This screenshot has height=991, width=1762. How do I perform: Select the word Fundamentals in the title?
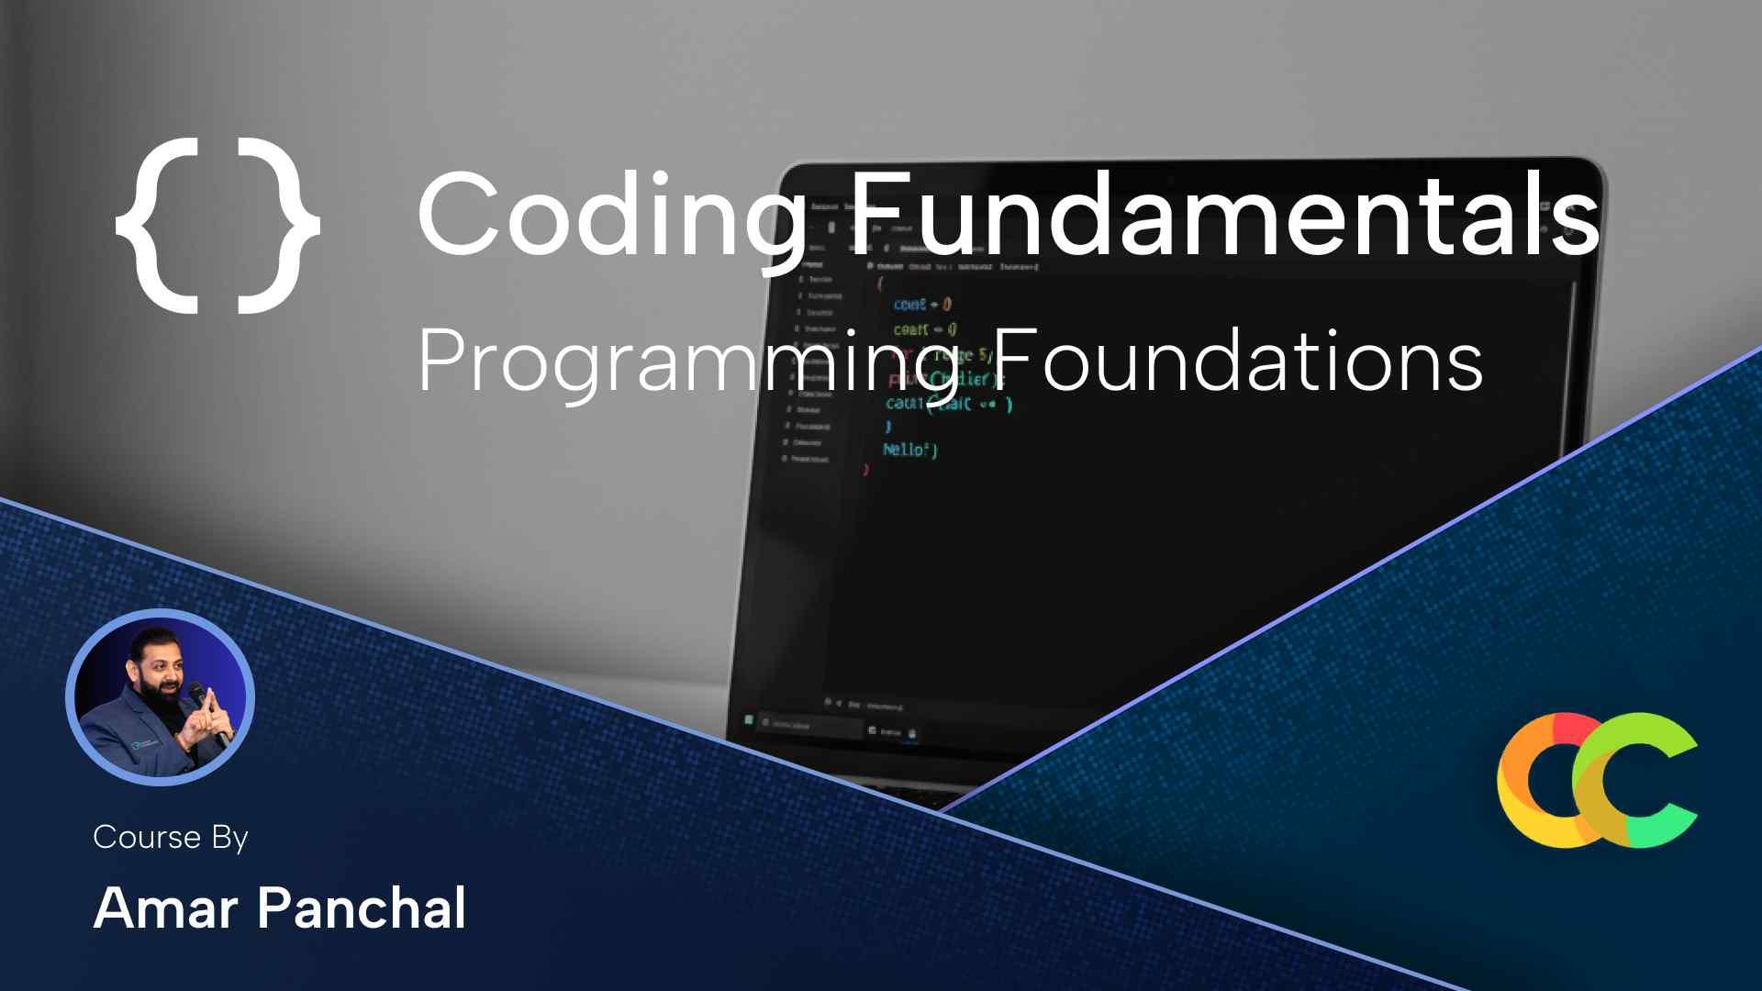1221,213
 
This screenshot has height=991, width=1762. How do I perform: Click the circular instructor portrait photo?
160,697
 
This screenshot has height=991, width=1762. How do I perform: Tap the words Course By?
171,837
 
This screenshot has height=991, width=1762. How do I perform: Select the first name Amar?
166,908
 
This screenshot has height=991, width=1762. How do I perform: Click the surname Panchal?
362,908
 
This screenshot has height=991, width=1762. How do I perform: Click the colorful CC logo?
1597,780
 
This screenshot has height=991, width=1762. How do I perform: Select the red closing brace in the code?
865,470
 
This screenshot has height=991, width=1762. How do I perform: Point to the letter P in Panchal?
276,908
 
